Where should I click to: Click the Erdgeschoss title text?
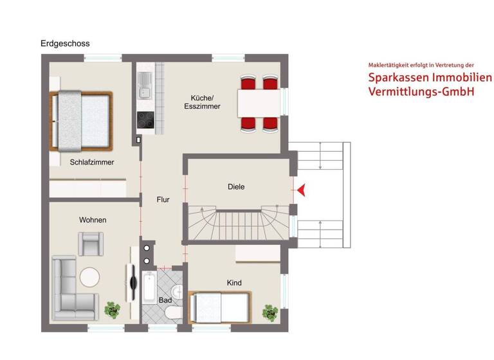[65, 44]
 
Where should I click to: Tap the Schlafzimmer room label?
[92, 163]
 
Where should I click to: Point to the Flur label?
[163, 200]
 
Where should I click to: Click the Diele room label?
[236, 187]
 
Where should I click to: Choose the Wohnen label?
[93, 220]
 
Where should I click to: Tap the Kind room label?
[234, 283]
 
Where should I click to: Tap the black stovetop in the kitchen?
[145, 120]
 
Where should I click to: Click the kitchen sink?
[145, 86]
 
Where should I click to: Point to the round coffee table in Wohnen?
[89, 277]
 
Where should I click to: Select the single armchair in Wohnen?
[89, 243]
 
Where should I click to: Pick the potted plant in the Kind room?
[270, 312]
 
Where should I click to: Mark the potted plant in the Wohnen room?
[113, 310]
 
